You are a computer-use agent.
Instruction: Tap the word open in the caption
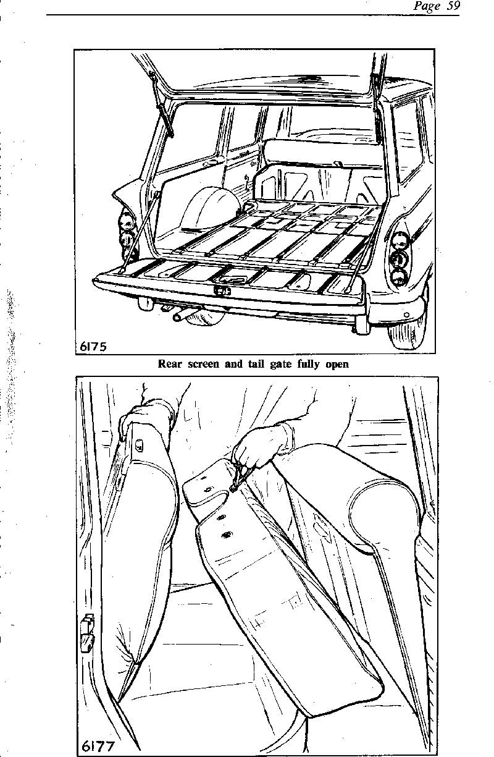tap(338, 364)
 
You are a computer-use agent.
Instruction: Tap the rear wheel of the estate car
tap(408, 328)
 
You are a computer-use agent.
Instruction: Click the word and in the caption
tap(233, 364)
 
